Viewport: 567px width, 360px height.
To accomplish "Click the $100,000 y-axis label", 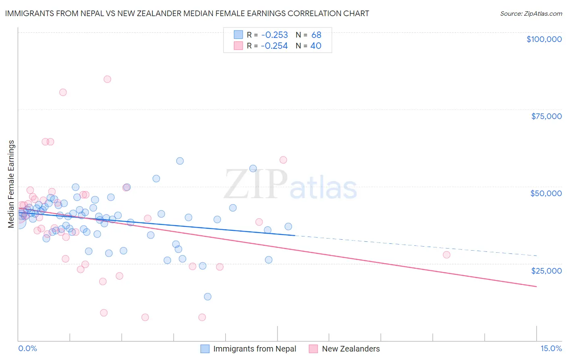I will [544, 39].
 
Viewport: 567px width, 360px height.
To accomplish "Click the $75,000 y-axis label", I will [546, 116].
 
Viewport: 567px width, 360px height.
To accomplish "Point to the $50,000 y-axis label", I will [546, 193].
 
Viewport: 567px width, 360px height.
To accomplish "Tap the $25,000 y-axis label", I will [546, 270].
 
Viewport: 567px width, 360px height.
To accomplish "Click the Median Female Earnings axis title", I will [11, 184].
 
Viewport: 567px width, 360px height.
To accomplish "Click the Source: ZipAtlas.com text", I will [531, 14].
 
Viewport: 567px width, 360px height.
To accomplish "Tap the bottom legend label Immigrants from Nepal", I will [254, 349].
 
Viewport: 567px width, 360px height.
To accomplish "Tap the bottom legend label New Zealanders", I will [351, 349].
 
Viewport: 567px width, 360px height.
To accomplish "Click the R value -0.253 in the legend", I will [274, 35].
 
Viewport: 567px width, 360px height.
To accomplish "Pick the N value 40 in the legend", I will [316, 46].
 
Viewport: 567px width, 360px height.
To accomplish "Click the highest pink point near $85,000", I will [107, 79].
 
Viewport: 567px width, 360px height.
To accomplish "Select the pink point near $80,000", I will [63, 92].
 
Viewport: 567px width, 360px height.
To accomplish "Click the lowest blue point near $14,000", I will [208, 297].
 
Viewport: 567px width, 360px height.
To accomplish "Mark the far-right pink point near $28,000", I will [446, 255].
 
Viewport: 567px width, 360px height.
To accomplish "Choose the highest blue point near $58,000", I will [180, 161].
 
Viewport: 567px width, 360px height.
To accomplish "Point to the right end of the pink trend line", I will [536, 287].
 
